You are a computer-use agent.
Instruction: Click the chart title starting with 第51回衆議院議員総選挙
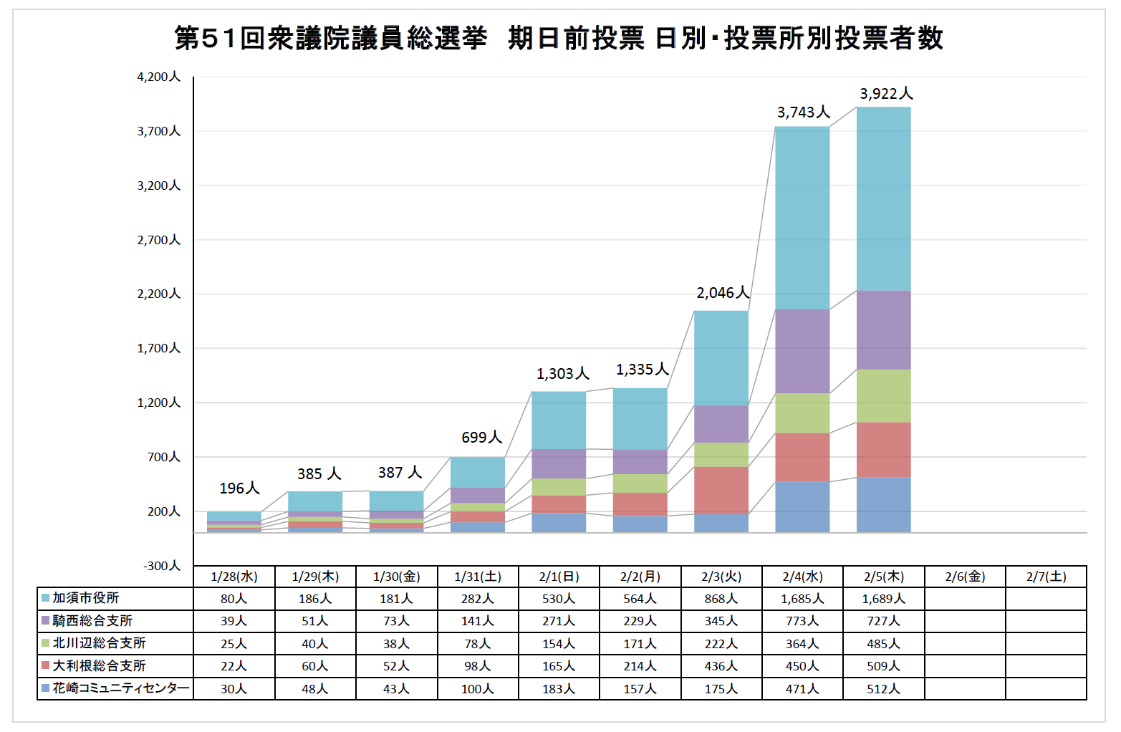[x=559, y=38]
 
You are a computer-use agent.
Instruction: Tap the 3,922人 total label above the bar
[x=886, y=94]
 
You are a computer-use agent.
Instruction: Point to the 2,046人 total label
[x=723, y=293]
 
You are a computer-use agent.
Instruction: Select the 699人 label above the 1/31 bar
[x=481, y=438]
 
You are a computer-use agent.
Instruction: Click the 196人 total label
[x=239, y=488]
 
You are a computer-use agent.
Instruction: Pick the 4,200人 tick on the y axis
[x=159, y=77]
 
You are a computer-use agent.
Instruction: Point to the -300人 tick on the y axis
[x=162, y=566]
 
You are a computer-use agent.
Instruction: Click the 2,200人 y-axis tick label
[x=159, y=294]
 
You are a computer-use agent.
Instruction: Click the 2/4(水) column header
[x=802, y=577]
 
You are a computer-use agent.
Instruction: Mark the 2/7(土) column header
[x=1046, y=577]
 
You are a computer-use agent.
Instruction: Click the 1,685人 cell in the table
[x=802, y=599]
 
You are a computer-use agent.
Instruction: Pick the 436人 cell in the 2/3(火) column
[x=721, y=666]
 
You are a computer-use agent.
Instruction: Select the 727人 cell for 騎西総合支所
[x=883, y=621]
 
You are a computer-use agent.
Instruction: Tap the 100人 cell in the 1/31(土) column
[x=477, y=689]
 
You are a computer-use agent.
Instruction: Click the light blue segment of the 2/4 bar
[x=802, y=218]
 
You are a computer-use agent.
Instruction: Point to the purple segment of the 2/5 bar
[x=883, y=330]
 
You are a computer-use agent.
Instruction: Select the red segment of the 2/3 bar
[x=721, y=490]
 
